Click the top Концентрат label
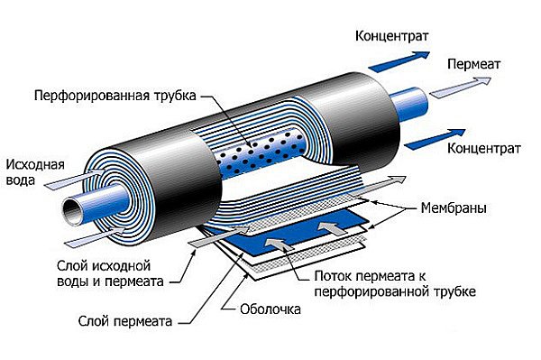pyautogui.click(x=391, y=36)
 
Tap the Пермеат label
pyautogui.click(x=473, y=64)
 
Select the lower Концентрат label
pyautogui.click(x=483, y=148)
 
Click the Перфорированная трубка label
pyautogui.click(x=115, y=96)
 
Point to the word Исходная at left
pyautogui.click(x=35, y=164)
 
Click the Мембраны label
pyautogui.click(x=454, y=208)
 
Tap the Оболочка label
pyautogui.click(x=270, y=309)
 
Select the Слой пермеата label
pyautogui.click(x=125, y=321)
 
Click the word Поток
pyautogui.click(x=334, y=276)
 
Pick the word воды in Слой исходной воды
pyautogui.click(x=73, y=282)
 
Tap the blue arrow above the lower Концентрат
pyautogui.click(x=435, y=139)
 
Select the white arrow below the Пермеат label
pyautogui.click(x=461, y=88)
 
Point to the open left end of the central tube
pyautogui.click(x=74, y=210)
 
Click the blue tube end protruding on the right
pyautogui.click(x=410, y=104)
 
